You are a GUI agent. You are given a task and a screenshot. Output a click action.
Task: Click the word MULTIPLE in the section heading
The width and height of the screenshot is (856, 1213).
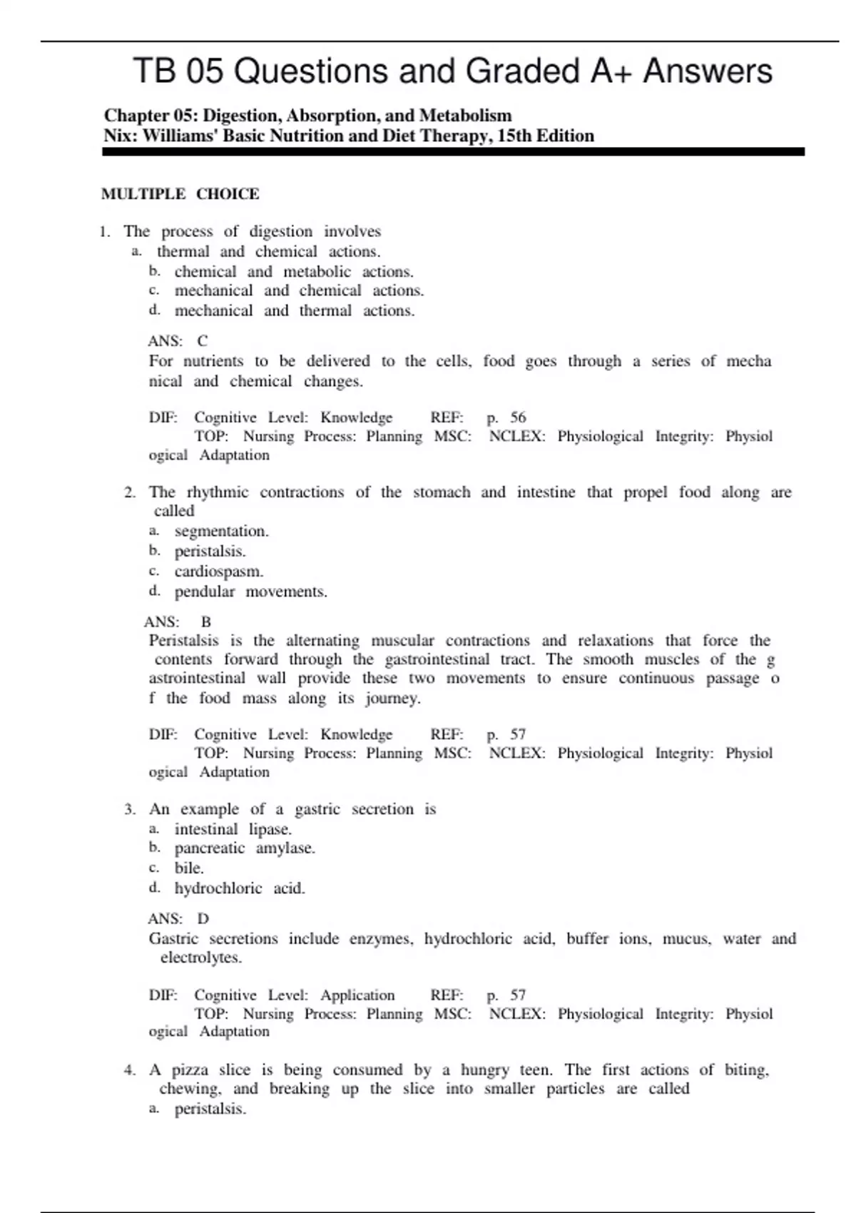tap(143, 194)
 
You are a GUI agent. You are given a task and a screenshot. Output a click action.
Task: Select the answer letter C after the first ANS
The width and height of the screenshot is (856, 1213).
tap(203, 341)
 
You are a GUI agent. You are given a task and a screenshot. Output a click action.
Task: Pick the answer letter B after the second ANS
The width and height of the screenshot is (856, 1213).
tap(206, 622)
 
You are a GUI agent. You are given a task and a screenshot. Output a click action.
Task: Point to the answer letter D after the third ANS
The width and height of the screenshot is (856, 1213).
tap(203, 919)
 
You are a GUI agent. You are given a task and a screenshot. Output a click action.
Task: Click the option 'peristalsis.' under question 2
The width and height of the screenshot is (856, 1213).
tap(210, 552)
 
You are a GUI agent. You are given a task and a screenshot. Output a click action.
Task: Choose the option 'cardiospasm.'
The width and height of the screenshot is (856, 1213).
tap(219, 572)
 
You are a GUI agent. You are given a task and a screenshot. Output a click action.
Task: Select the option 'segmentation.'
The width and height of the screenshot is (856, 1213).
tap(221, 532)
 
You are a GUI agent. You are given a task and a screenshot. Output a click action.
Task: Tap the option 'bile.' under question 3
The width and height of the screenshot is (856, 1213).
tap(189, 868)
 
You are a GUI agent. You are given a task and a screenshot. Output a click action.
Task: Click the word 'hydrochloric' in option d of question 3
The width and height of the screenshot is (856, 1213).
tap(218, 888)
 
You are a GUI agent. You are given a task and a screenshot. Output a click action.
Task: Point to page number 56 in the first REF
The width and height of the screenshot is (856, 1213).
tap(518, 417)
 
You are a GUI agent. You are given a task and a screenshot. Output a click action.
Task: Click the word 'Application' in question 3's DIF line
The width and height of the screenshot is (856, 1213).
tap(357, 995)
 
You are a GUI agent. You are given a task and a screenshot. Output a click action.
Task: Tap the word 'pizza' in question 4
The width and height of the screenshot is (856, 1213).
tap(190, 1070)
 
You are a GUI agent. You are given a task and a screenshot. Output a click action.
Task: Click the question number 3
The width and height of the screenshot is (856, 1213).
tap(129, 809)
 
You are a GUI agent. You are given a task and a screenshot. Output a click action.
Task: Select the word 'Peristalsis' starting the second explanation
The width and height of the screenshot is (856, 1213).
tap(183, 641)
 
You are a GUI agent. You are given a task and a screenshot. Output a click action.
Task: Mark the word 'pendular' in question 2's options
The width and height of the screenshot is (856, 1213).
tap(205, 592)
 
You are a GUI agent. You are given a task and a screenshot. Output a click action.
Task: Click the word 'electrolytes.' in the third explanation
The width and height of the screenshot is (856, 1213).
tap(201, 958)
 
